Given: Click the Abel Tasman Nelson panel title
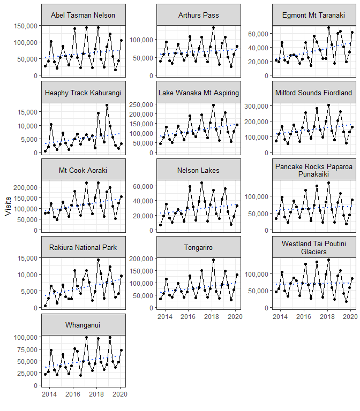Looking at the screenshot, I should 83,15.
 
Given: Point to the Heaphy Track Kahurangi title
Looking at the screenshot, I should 83,93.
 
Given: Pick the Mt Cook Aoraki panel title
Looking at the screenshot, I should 83,170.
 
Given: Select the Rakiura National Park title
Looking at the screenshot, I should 83,247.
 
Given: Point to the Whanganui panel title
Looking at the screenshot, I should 83,325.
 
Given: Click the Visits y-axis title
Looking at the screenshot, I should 7,205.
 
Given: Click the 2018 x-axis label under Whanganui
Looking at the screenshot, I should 96,395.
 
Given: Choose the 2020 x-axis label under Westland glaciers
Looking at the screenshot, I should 349,317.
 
